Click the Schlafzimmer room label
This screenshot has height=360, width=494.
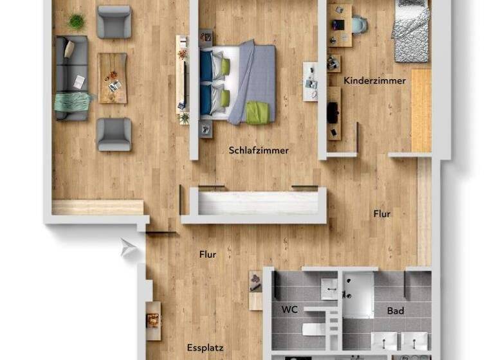259,150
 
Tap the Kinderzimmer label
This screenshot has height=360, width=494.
374,81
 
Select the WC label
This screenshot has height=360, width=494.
289,309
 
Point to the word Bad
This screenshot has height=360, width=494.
395,311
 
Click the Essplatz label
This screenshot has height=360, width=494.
205,348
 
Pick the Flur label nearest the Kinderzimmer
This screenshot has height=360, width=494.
381,214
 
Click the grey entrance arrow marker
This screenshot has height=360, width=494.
129,248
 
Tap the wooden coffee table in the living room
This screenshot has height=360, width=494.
113,78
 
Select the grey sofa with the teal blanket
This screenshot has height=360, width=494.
71,78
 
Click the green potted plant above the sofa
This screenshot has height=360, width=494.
76,22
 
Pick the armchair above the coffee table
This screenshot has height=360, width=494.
114,21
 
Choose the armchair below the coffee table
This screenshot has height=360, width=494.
114,134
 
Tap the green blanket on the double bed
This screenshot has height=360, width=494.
258,113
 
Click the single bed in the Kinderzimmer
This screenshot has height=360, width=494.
412,32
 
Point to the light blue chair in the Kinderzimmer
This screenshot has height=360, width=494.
359,25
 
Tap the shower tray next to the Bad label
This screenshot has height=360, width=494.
358,295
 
